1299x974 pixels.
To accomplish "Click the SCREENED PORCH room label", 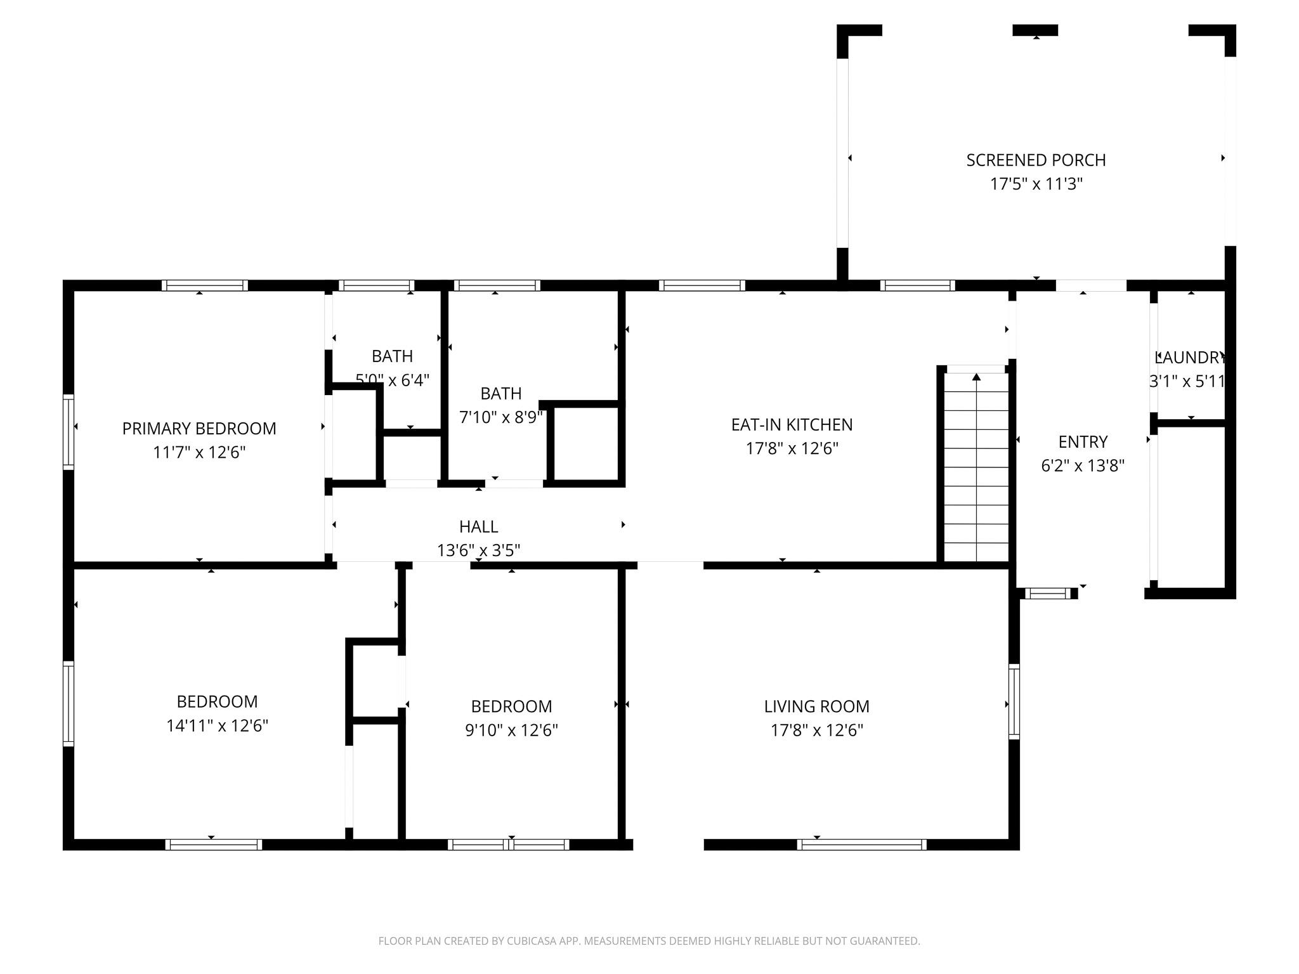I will [x=1036, y=160].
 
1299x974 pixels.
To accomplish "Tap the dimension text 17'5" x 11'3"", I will [x=1036, y=185].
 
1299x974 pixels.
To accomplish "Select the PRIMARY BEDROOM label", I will [x=199, y=429].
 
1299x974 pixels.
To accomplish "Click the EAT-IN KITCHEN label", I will [x=792, y=425].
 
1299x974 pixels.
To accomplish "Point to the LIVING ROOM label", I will [x=816, y=706].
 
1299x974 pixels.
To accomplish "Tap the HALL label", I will [x=478, y=527].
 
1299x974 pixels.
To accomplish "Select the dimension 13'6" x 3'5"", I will [x=478, y=550].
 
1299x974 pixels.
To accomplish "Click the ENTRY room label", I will [x=1083, y=442].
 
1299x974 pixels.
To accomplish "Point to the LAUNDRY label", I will [x=1189, y=358].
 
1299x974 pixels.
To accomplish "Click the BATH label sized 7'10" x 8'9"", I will [x=501, y=394].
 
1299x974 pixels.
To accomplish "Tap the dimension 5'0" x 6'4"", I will [x=393, y=380].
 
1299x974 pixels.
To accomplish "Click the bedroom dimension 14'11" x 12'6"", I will [x=217, y=726].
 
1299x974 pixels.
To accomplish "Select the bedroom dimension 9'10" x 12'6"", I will [x=511, y=730].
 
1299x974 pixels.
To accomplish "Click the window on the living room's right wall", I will [x=1014, y=701].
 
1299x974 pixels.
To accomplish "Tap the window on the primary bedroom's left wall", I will [x=69, y=431].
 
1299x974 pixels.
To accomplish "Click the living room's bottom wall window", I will [x=861, y=844].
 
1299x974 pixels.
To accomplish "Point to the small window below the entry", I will [x=1047, y=594].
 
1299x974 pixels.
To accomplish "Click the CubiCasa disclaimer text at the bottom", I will [x=649, y=941].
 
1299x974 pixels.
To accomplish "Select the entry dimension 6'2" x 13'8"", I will [x=1083, y=466].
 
